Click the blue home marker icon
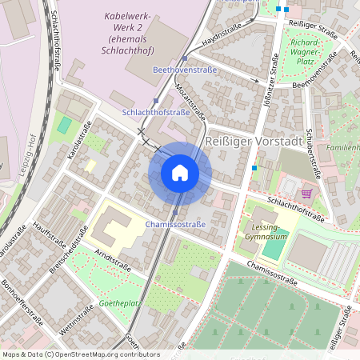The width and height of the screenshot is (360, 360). pos(180,172)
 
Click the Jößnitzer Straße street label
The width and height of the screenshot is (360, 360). pos(269,76)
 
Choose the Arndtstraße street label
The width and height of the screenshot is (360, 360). pos(112,258)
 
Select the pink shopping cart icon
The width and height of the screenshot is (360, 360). pos(307,193)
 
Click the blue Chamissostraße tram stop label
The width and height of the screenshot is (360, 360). pos(176,225)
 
